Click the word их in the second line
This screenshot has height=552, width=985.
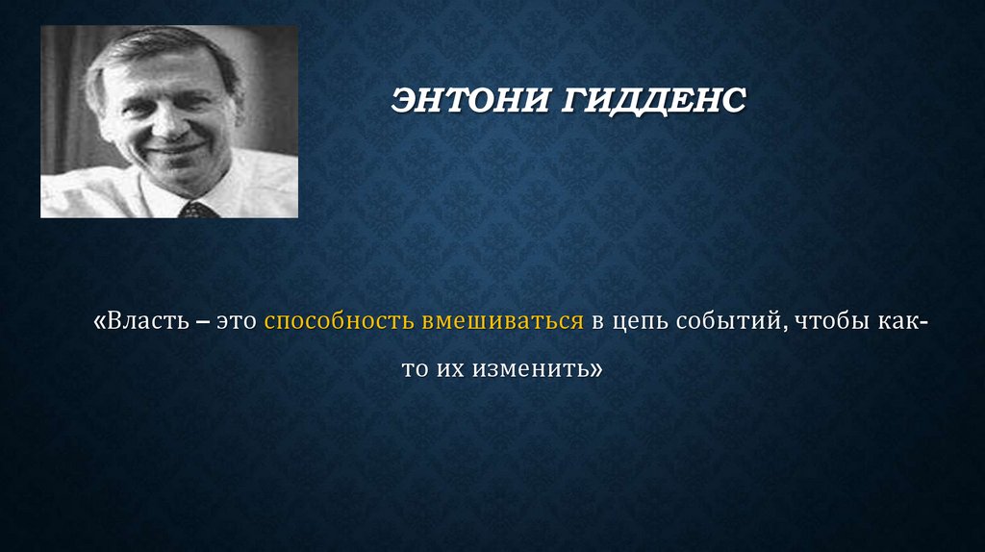point(448,368)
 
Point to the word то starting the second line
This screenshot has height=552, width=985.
point(414,368)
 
